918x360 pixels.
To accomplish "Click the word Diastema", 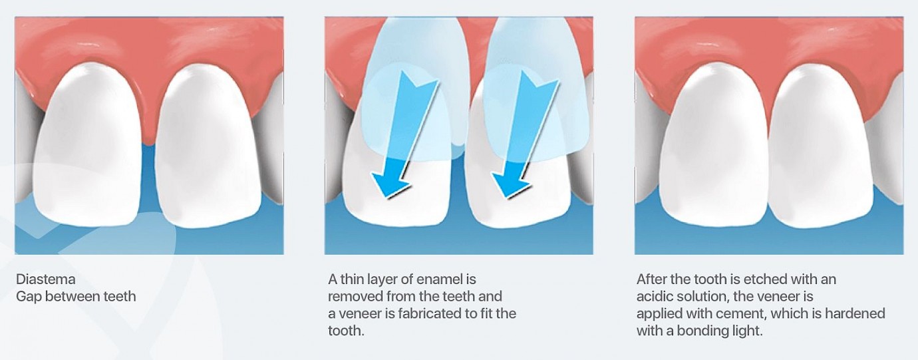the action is [46, 279].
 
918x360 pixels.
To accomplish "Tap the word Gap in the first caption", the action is [29, 296].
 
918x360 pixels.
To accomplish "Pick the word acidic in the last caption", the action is [656, 296].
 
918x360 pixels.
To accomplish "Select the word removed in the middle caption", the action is [355, 296].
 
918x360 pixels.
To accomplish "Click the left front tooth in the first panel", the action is [88, 148].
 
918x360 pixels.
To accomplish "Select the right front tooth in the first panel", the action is [209, 148].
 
